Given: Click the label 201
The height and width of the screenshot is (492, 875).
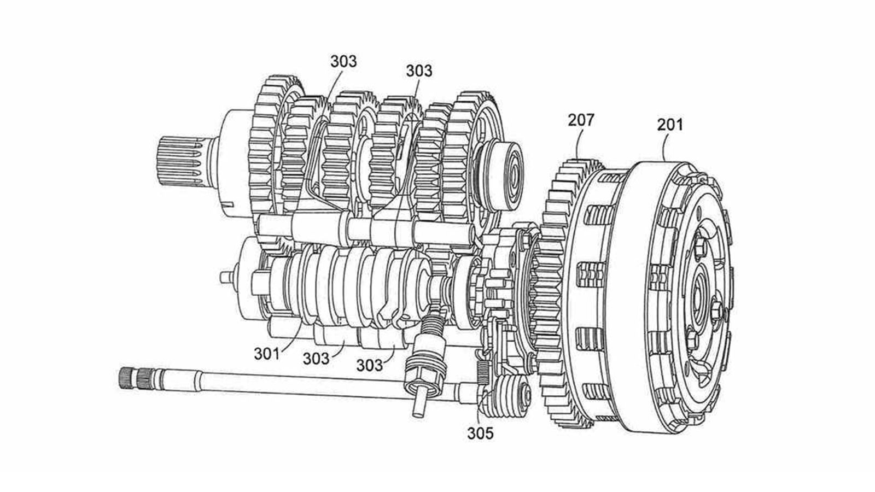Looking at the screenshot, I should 670,125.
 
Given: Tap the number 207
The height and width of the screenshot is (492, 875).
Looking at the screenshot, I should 580,120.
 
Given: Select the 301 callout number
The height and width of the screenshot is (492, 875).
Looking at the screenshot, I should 267,353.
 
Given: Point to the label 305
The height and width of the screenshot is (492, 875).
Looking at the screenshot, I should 480,433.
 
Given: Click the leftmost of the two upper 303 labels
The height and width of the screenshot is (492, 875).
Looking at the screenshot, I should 343,61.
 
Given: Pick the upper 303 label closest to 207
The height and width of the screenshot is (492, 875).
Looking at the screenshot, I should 418,71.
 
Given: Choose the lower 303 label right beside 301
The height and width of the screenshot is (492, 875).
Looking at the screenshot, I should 317,359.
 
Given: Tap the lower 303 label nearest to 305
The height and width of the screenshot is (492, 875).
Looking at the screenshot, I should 370,364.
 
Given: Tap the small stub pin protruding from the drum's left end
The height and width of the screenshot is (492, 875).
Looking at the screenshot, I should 224,278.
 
